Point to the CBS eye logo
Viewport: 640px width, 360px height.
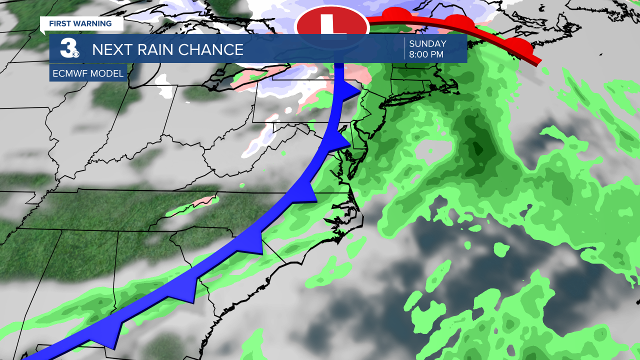[x=76, y=53]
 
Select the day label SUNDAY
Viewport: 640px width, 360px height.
[x=427, y=44]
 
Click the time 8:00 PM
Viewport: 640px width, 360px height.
[x=426, y=55]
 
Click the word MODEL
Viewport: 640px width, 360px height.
[x=107, y=74]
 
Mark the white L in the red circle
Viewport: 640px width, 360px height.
[x=330, y=25]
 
